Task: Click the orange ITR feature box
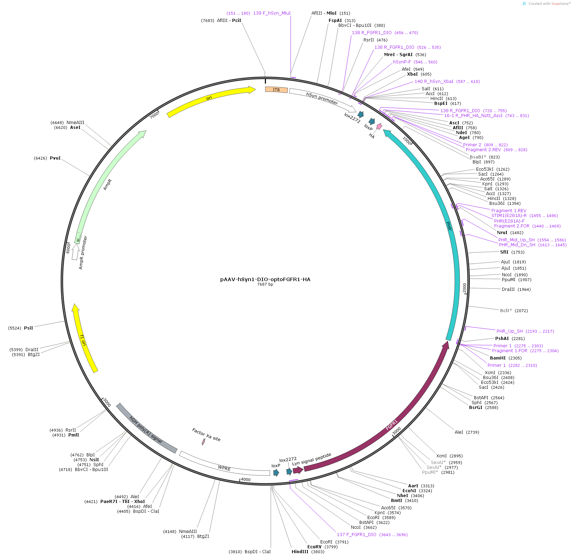point(276,90)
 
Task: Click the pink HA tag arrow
point(379,127)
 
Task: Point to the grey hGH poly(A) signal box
point(146,429)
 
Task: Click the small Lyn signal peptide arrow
point(298,470)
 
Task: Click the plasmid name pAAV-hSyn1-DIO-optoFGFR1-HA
point(265,279)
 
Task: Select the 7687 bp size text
point(265,285)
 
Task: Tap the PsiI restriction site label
point(28,328)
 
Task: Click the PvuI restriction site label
point(55,158)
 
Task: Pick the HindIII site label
point(300,552)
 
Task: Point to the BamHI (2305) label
point(498,358)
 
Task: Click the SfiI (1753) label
point(504,252)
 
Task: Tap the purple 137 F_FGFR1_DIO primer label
point(356,535)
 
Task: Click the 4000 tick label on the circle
point(246,480)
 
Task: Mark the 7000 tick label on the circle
point(154,115)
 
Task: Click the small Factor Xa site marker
point(203,442)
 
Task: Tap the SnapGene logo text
point(549,4)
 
